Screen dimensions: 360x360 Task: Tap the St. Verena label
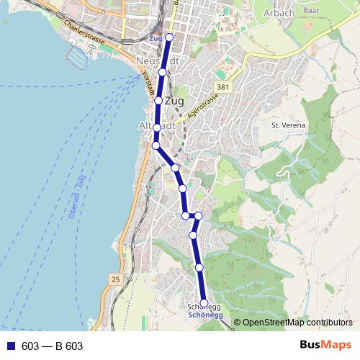click(x=288, y=125)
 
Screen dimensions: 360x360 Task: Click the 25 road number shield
click(x=116, y=278)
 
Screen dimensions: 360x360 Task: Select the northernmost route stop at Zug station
click(x=170, y=37)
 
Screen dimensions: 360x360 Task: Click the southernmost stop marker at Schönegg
click(x=204, y=303)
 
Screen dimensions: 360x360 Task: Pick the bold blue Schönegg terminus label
click(x=204, y=315)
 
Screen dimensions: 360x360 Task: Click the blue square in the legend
click(x=10, y=346)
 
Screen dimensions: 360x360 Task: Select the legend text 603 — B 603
click(x=52, y=346)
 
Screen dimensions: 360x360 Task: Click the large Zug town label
click(x=175, y=101)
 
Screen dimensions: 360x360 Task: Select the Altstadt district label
click(x=156, y=125)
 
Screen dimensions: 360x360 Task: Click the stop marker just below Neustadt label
click(x=163, y=72)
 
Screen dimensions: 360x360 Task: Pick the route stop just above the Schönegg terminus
click(x=199, y=267)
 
